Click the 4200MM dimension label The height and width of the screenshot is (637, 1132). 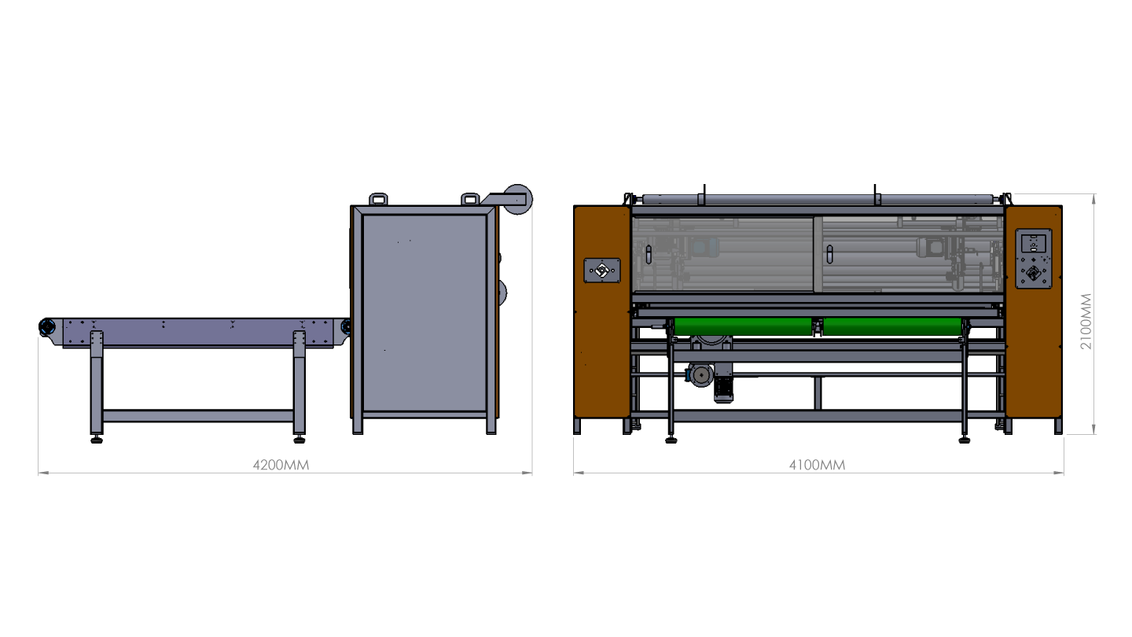pos(281,465)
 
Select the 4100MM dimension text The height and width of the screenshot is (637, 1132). pos(818,465)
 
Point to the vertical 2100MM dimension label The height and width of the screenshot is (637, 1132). pos(1086,322)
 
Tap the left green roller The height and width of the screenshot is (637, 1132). pos(743,326)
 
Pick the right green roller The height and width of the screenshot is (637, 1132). pos(892,326)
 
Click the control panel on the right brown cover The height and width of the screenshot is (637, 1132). pos(1034,259)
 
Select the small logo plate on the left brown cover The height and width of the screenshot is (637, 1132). pos(602,271)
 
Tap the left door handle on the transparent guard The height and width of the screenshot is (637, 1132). pos(649,255)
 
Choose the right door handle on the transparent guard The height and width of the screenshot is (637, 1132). pos(829,254)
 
